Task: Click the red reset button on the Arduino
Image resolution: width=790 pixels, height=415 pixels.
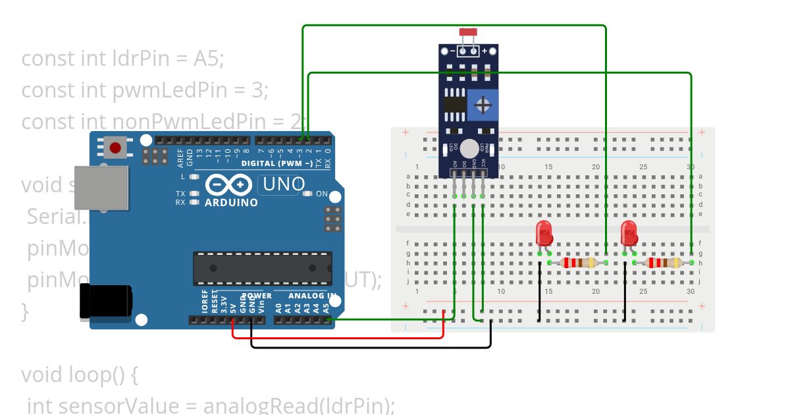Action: [116, 148]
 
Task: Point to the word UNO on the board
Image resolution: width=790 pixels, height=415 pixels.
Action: [284, 184]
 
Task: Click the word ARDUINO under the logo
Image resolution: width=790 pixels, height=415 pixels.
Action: [230, 203]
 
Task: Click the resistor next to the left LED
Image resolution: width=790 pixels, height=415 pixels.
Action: [578, 263]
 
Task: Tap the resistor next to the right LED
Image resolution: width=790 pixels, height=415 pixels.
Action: [663, 263]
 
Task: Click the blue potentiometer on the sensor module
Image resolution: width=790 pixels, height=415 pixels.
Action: [483, 105]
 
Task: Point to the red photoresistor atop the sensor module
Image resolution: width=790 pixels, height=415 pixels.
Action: [468, 32]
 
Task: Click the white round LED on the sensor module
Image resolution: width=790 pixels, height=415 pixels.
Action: [469, 148]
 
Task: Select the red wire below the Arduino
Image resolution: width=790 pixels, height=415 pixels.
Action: [336, 337]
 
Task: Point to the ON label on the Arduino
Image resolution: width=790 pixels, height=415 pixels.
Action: [322, 194]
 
